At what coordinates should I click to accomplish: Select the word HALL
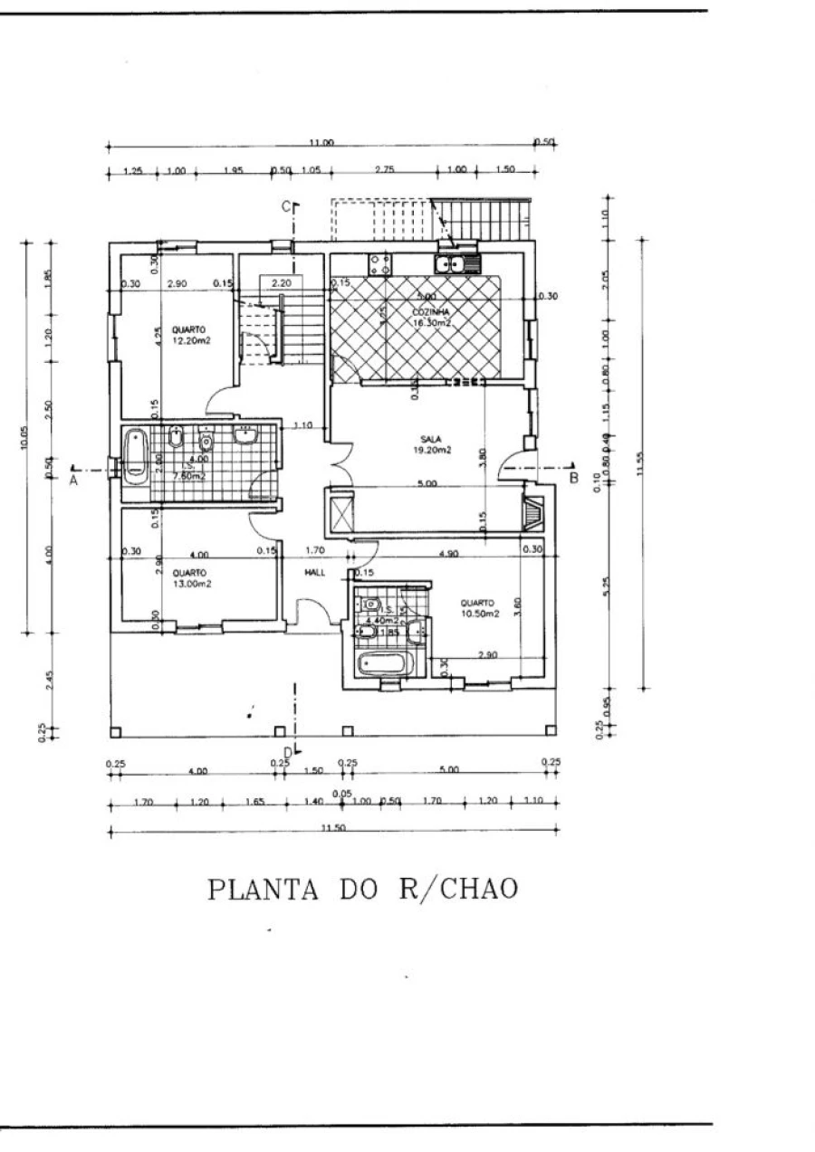tap(314, 573)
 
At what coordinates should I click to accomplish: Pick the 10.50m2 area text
tap(479, 614)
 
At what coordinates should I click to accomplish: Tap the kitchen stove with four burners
tap(379, 264)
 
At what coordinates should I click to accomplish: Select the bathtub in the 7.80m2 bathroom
tap(136, 452)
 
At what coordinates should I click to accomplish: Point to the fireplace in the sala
tap(534, 513)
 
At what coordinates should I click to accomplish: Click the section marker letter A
tap(73, 481)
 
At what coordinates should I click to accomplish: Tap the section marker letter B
tap(573, 477)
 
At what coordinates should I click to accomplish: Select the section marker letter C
tap(285, 207)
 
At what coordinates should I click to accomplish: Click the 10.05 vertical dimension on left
tap(25, 437)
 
